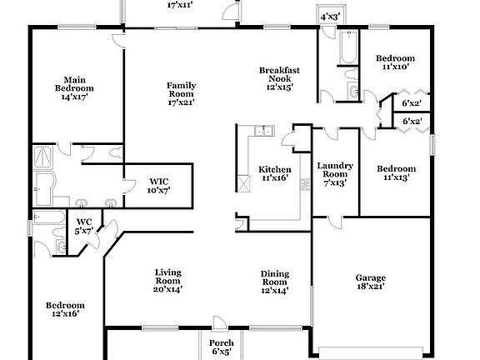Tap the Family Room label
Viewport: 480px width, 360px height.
click(x=180, y=89)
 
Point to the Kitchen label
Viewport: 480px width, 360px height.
click(x=274, y=169)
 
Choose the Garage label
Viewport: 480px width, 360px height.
click(x=372, y=279)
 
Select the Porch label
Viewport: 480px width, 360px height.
click(x=221, y=342)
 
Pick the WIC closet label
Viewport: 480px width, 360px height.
click(x=159, y=181)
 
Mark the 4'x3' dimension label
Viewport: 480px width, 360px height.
click(x=330, y=17)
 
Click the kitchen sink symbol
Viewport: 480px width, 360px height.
click(x=262, y=130)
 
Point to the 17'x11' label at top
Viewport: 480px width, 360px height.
click(x=180, y=5)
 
